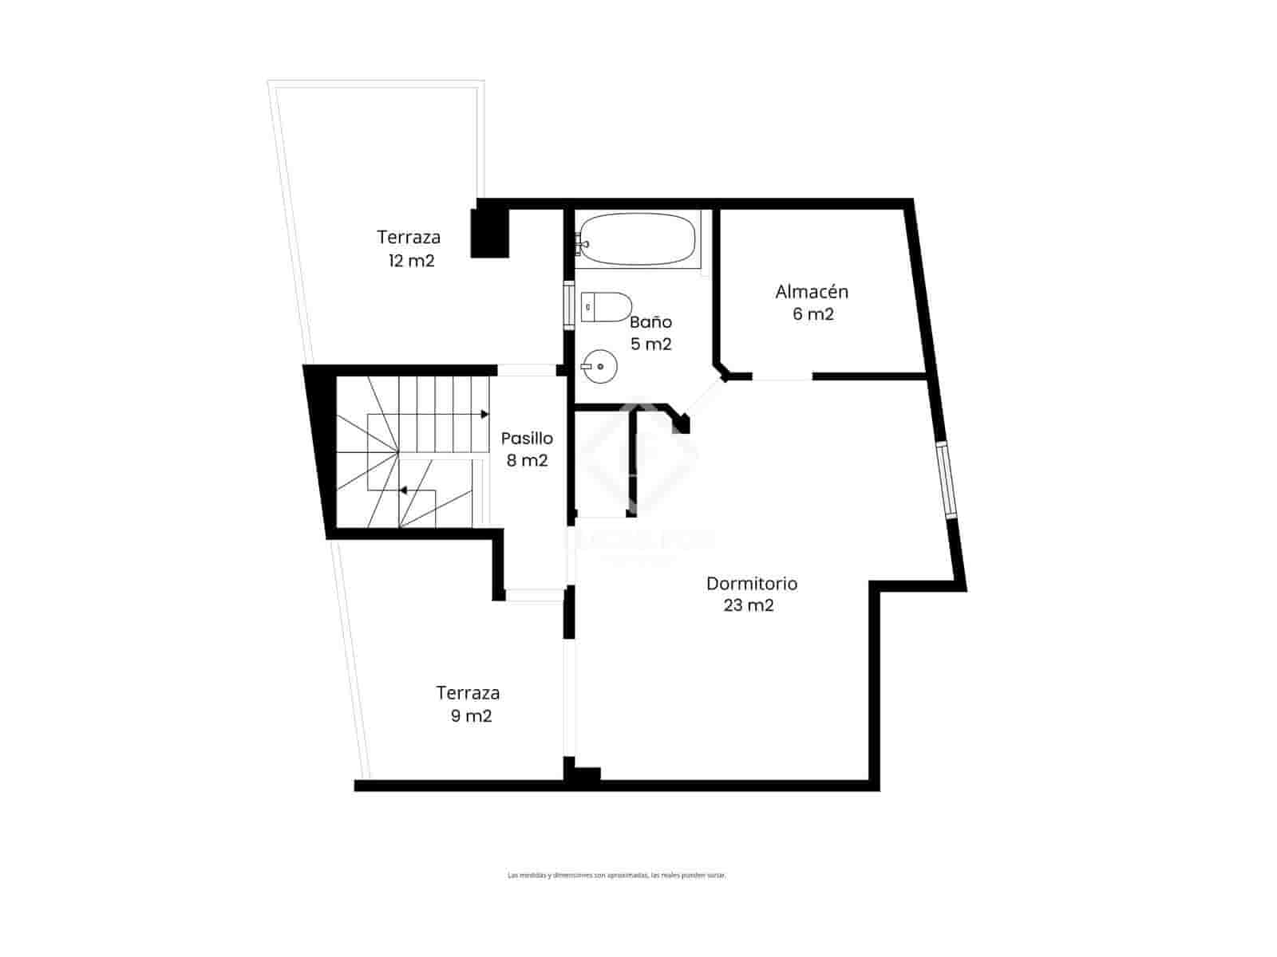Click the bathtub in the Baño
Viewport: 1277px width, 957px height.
[x=638, y=239]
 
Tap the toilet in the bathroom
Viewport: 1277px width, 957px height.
[x=607, y=306]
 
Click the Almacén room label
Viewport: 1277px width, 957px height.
[x=812, y=292]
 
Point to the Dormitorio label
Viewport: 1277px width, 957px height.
[x=751, y=584]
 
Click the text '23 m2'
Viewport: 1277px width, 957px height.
[x=749, y=605]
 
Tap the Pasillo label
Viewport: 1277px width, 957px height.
[x=527, y=438]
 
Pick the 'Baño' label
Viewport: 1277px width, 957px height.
[x=650, y=322]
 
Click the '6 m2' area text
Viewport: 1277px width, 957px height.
[x=812, y=314]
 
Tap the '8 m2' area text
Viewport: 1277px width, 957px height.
[x=527, y=460]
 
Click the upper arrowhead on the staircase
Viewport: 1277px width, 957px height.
[x=484, y=415]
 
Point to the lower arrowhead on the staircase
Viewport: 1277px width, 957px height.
[x=404, y=490]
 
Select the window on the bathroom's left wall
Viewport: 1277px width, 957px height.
[x=568, y=305]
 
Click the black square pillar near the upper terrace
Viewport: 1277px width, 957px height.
[x=489, y=232]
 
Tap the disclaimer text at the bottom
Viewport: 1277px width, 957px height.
[x=616, y=875]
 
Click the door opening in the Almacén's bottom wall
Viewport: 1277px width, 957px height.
[x=781, y=376]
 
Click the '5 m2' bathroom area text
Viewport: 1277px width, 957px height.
[x=650, y=345]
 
